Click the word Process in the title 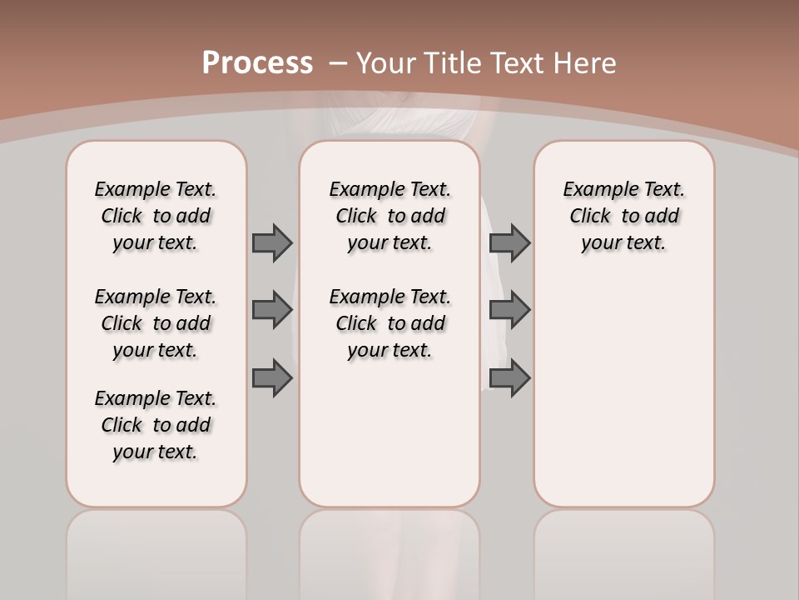pos(257,63)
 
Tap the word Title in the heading pos(454,63)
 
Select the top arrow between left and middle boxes pos(272,242)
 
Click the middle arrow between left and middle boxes pos(272,310)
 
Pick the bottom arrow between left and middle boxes pos(272,378)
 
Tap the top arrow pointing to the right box pos(509,242)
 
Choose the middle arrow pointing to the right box pos(509,310)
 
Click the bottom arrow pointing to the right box pos(509,378)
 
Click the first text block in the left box pos(156,216)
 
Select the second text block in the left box pos(156,323)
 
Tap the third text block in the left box pos(156,425)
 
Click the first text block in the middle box pos(390,216)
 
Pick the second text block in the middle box pos(390,323)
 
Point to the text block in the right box pos(623,216)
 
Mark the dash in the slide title pos(338,63)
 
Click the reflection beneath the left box pos(156,550)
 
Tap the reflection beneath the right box pos(623,550)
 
